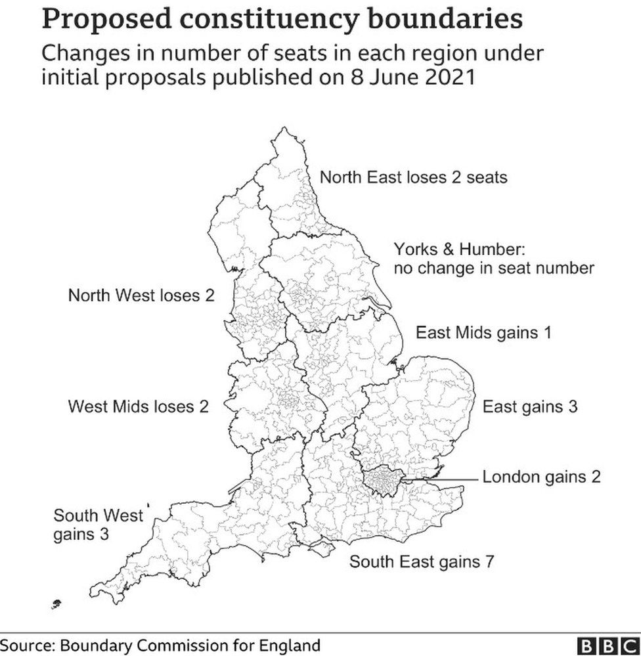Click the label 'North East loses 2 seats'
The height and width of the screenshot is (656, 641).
(x=413, y=177)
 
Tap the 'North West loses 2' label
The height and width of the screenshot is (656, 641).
(x=141, y=295)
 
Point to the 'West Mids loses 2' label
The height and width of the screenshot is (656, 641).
(x=139, y=407)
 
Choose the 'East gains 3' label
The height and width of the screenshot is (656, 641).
(x=530, y=407)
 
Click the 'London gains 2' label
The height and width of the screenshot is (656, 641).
(x=542, y=476)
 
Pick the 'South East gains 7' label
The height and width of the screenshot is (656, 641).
(x=421, y=562)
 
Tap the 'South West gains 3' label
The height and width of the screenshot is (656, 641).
(x=98, y=524)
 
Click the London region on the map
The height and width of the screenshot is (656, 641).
(x=382, y=481)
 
